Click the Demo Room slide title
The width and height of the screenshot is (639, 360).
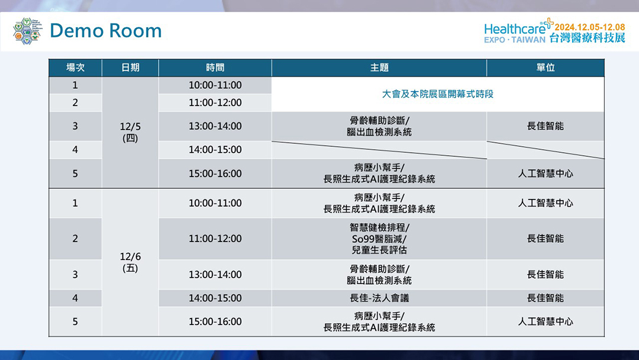pos(105,31)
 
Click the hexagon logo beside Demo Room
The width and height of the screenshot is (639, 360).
pos(27,31)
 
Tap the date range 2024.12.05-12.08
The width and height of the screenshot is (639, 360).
pos(590,27)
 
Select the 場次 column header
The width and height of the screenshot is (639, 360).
pos(75,67)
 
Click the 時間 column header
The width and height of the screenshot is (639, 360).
pos(215,67)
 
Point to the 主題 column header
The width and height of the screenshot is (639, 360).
pos(379,67)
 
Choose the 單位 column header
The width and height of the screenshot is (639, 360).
pos(546,67)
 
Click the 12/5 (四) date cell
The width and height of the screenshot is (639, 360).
pos(130,132)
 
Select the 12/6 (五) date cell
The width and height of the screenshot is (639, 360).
pos(130,262)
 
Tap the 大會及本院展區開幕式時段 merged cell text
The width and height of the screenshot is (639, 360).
pos(438,94)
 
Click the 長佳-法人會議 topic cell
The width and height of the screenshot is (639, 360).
pos(379,298)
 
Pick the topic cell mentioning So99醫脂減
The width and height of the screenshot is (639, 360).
pos(379,239)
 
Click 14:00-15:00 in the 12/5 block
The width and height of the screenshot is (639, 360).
pos(215,150)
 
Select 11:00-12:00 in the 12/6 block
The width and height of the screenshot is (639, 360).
pos(215,239)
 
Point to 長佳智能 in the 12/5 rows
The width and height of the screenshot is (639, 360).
pos(546,126)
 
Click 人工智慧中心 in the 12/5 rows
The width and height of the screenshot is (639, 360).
pos(546,173)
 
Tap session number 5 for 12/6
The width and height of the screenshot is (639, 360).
pos(75,322)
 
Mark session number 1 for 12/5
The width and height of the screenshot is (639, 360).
pos(75,85)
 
